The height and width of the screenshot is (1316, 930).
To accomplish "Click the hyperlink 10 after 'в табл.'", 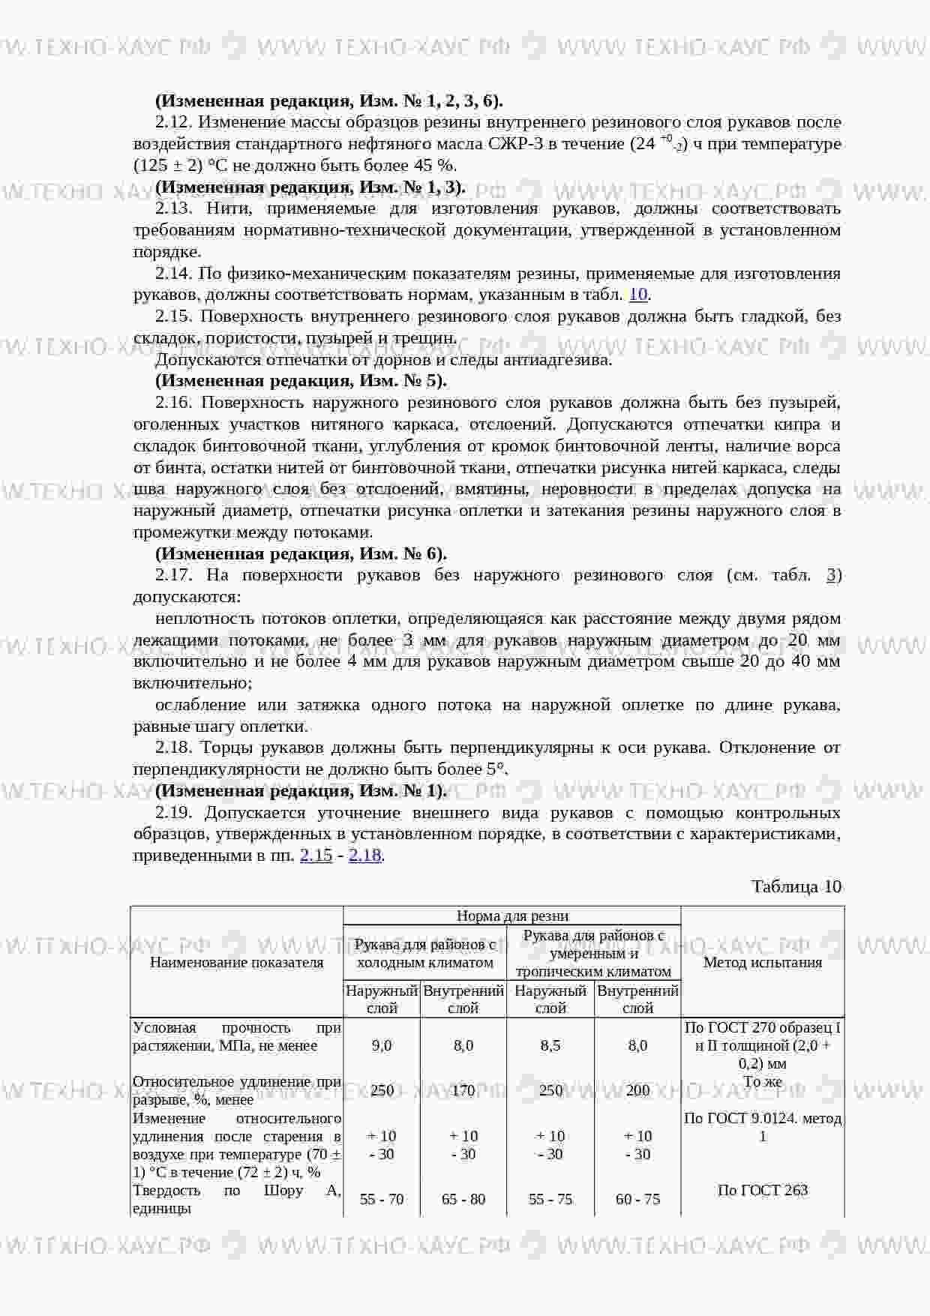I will pyautogui.click(x=637, y=295).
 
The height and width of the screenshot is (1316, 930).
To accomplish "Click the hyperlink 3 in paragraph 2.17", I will pyautogui.click(x=831, y=575).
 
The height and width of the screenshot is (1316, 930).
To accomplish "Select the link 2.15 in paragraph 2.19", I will pyautogui.click(x=316, y=855).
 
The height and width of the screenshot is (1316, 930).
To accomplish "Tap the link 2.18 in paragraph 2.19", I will pyautogui.click(x=365, y=855).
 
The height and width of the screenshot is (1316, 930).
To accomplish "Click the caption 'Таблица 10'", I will pyautogui.click(x=796, y=886).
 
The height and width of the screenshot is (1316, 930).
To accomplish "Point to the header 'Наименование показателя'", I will pyautogui.click(x=237, y=962).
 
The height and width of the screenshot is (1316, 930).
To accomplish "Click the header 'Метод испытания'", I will pyautogui.click(x=763, y=962).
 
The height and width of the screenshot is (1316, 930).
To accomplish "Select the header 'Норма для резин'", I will pyautogui.click(x=512, y=916).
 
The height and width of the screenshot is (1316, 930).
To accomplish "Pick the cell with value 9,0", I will pyautogui.click(x=382, y=1045).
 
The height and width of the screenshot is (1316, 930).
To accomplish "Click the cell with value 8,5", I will pyautogui.click(x=550, y=1045).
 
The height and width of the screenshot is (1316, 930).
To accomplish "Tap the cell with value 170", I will pyautogui.click(x=463, y=1090).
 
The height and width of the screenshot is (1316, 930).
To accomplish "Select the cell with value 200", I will pyautogui.click(x=637, y=1090).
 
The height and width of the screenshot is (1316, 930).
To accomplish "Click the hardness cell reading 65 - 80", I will pyautogui.click(x=463, y=1199).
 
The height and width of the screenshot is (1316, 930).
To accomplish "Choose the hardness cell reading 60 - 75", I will pyautogui.click(x=637, y=1199).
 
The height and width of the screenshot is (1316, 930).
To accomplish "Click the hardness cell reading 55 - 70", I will pyautogui.click(x=382, y=1199).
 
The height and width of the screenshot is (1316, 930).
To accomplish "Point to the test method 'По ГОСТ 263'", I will pyautogui.click(x=763, y=1190).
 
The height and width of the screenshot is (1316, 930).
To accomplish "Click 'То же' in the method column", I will pyautogui.click(x=763, y=1081).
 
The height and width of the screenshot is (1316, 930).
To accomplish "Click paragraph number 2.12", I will pyautogui.click(x=174, y=122).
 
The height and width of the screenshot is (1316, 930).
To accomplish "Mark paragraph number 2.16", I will pyautogui.click(x=174, y=403).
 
